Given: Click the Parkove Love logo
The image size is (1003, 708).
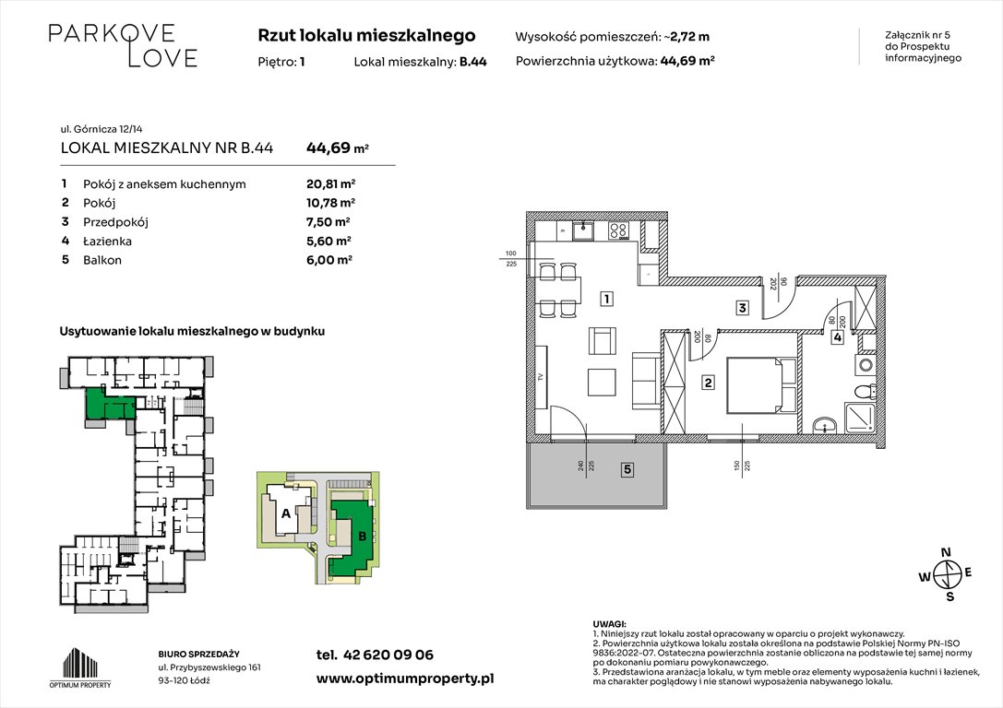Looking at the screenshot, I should (123, 45).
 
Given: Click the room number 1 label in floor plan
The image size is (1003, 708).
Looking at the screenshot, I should (606, 299).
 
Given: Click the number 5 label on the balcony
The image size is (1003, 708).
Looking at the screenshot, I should (627, 470).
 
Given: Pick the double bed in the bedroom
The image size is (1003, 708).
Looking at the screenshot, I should (761, 385).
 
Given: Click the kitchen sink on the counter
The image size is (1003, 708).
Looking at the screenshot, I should (582, 231).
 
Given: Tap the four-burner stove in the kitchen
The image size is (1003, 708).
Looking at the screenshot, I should (619, 231).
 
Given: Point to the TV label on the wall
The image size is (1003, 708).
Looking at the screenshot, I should (541, 377).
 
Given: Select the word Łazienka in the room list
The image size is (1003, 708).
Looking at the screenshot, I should (108, 241).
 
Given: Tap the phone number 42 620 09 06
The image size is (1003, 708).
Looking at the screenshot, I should (374, 655).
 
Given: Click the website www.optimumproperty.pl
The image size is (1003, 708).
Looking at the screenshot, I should (404, 678).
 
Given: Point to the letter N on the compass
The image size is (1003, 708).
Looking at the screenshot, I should (944, 552).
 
